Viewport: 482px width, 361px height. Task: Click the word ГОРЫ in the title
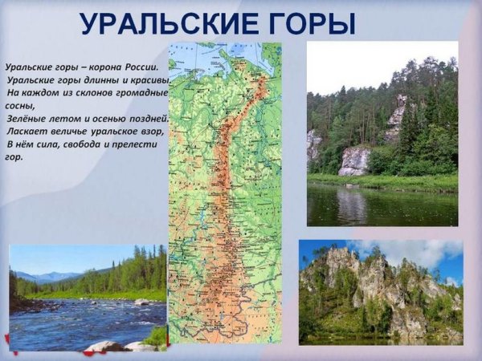coord(310,24)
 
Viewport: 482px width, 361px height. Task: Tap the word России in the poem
coord(145,67)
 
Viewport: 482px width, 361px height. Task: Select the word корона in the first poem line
coord(101,67)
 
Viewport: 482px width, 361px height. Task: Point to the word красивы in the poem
coord(149,80)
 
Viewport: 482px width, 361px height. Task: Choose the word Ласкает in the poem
coord(27,131)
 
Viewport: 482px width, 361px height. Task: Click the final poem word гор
coord(14,156)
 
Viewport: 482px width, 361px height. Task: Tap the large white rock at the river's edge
coord(353,161)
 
